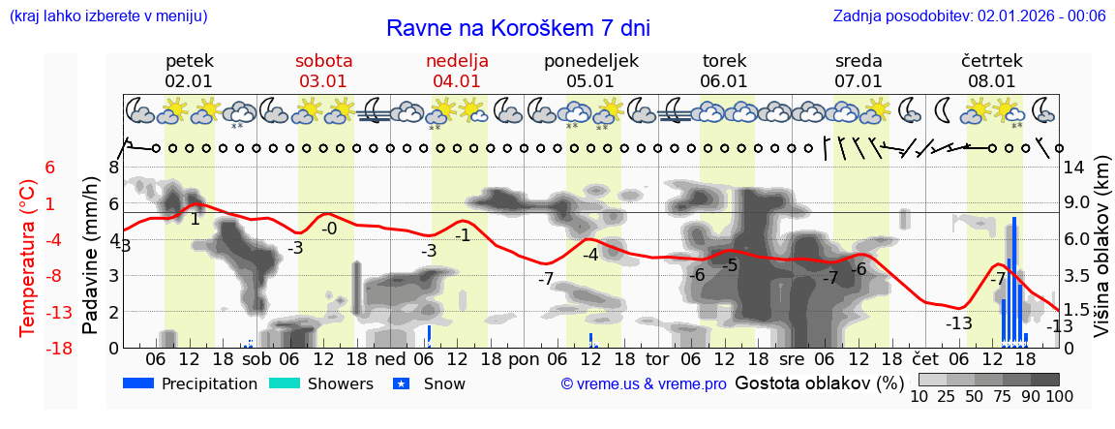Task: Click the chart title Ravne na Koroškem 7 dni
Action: pos(518,28)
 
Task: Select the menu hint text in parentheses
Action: pos(107,15)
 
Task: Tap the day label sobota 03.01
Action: pos(323,71)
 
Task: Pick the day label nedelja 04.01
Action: pos(457,71)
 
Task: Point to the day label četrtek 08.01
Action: pos(991,71)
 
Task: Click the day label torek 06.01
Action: pos(724,71)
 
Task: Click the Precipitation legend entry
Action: pos(191,383)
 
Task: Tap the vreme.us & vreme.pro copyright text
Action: pos(644,384)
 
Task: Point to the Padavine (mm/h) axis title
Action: pos(91,257)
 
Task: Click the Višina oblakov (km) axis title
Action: pos(1101,257)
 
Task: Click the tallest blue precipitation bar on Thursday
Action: pos(1014,281)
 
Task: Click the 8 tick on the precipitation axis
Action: pos(113,167)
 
